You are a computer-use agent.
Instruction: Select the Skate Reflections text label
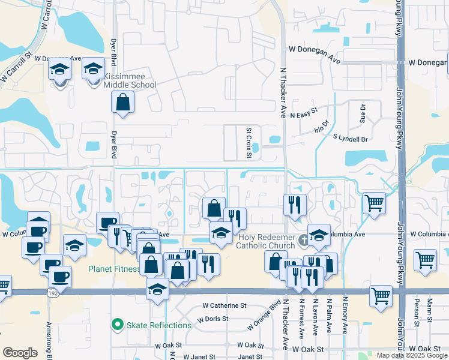coord(158,325)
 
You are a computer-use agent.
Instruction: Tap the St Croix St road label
coord(249,143)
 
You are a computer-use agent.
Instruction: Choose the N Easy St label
coord(303,115)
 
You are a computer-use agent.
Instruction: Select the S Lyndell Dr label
coord(351,139)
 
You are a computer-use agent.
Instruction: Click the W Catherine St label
coord(224,305)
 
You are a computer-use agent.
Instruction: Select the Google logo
coord(20,353)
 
